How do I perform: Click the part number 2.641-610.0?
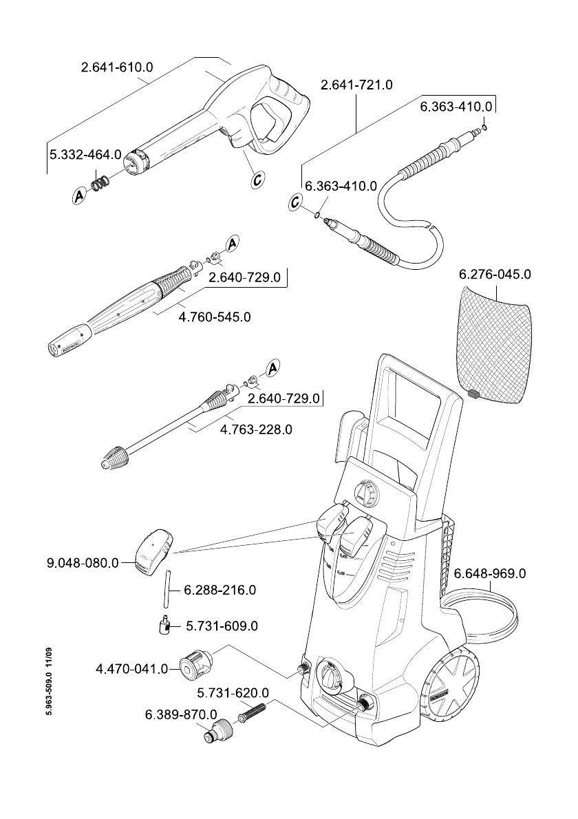(116, 67)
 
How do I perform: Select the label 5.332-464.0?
(85, 155)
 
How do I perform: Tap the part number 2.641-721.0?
(356, 85)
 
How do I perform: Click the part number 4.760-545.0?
(214, 317)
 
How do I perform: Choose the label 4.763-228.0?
(256, 429)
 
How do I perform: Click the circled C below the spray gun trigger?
(257, 180)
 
